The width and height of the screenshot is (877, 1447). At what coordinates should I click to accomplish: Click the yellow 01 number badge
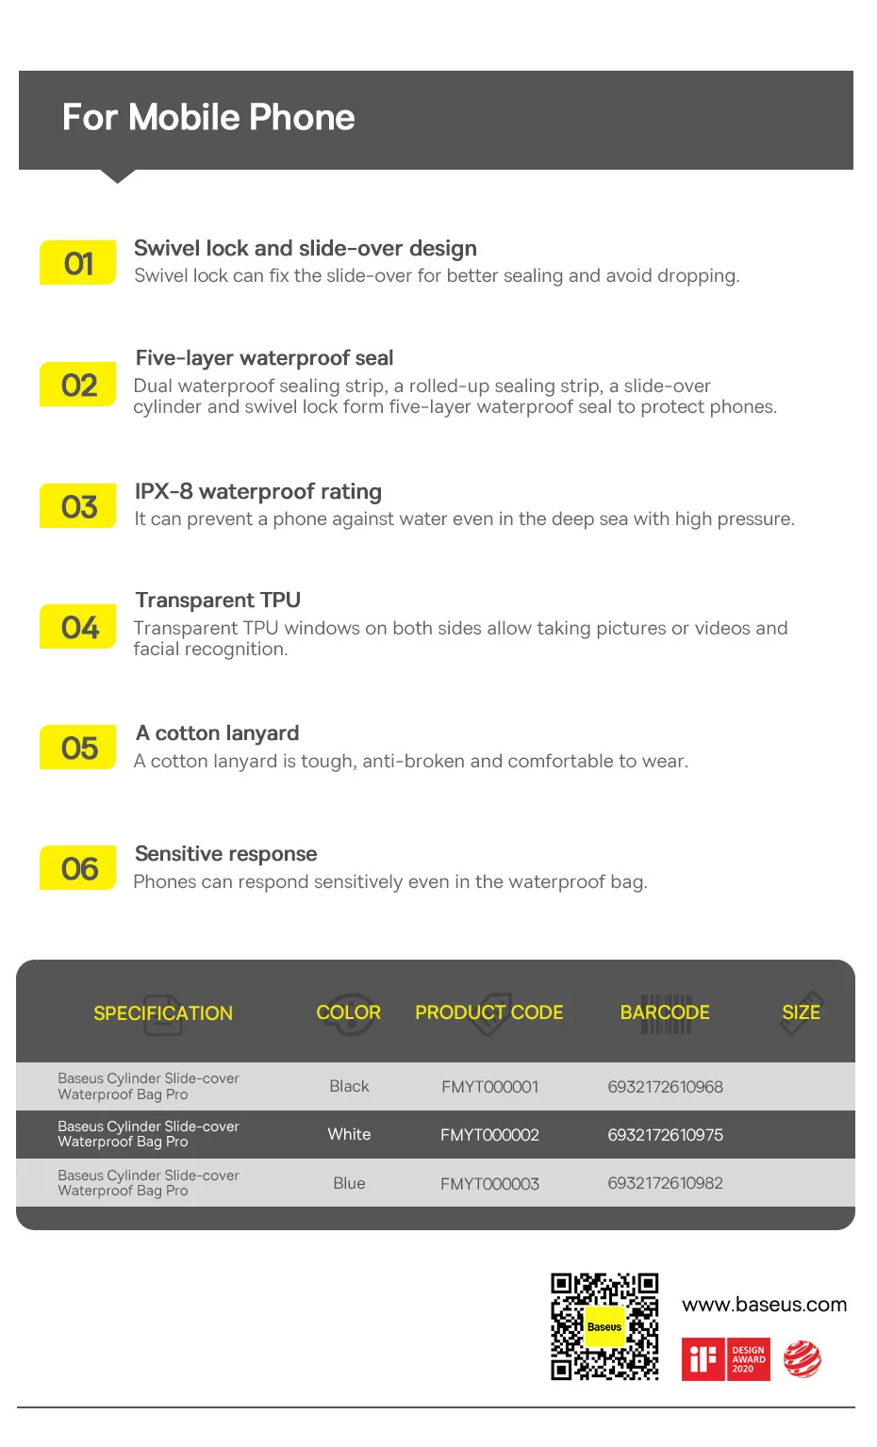pyautogui.click(x=77, y=263)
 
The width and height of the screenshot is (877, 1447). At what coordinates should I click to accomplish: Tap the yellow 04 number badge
pyautogui.click(x=77, y=628)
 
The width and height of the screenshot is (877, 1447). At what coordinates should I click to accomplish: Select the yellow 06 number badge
pyautogui.click(x=77, y=868)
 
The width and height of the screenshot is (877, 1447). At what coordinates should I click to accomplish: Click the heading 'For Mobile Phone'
pyautogui.click(x=208, y=118)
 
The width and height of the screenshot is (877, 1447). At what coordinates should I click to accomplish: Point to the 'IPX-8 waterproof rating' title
pyautogui.click(x=258, y=492)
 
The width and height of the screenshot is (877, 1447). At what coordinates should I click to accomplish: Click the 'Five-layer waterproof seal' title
pyautogui.click(x=264, y=358)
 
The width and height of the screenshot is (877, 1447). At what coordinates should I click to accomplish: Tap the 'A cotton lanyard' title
pyautogui.click(x=218, y=733)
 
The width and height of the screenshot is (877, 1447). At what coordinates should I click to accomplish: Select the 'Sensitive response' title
pyautogui.click(x=226, y=854)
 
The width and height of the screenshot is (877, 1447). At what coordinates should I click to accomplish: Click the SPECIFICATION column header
pyautogui.click(x=163, y=1013)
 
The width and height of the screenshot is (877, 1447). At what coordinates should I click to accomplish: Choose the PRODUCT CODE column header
pyautogui.click(x=488, y=1012)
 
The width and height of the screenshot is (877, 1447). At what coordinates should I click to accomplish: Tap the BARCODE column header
pyautogui.click(x=665, y=1012)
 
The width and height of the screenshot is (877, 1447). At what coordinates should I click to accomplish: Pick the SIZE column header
pyautogui.click(x=801, y=1012)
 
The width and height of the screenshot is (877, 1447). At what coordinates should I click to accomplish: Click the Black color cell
pyautogui.click(x=349, y=1087)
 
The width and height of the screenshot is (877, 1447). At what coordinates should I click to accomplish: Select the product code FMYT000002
pyautogui.click(x=489, y=1135)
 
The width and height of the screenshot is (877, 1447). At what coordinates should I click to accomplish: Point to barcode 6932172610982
pyautogui.click(x=665, y=1183)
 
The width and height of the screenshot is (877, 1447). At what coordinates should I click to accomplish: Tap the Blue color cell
pyautogui.click(x=349, y=1183)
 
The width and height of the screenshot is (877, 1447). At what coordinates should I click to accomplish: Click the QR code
pyautogui.click(x=604, y=1326)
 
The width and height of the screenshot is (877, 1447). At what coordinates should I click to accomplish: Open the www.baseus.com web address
pyautogui.click(x=764, y=1305)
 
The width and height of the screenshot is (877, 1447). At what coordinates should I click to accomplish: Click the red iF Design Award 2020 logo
pyautogui.click(x=726, y=1359)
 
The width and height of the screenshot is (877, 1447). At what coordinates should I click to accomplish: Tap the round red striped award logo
pyautogui.click(x=803, y=1359)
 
